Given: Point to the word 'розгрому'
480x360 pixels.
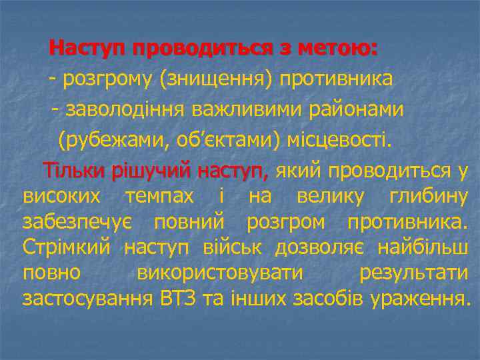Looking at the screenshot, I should click(x=107, y=80).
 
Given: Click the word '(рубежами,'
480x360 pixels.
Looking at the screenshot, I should click(x=105, y=141).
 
